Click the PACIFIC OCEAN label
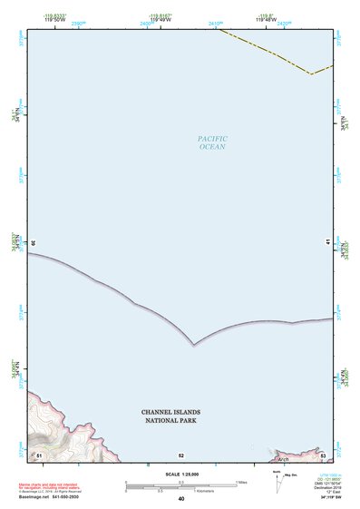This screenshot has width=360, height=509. (x=212, y=142)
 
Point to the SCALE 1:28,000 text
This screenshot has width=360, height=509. (x=180, y=475)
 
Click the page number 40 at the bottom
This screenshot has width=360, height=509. (x=180, y=499)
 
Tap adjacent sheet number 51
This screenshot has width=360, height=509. (x=39, y=454)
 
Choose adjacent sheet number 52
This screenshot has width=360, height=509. (x=180, y=455)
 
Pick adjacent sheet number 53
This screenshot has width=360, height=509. (x=322, y=454)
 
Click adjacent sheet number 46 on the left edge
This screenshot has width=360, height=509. (x=33, y=243)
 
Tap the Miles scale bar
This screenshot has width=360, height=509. (x=180, y=483)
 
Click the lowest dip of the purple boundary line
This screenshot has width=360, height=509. (x=194, y=345)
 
